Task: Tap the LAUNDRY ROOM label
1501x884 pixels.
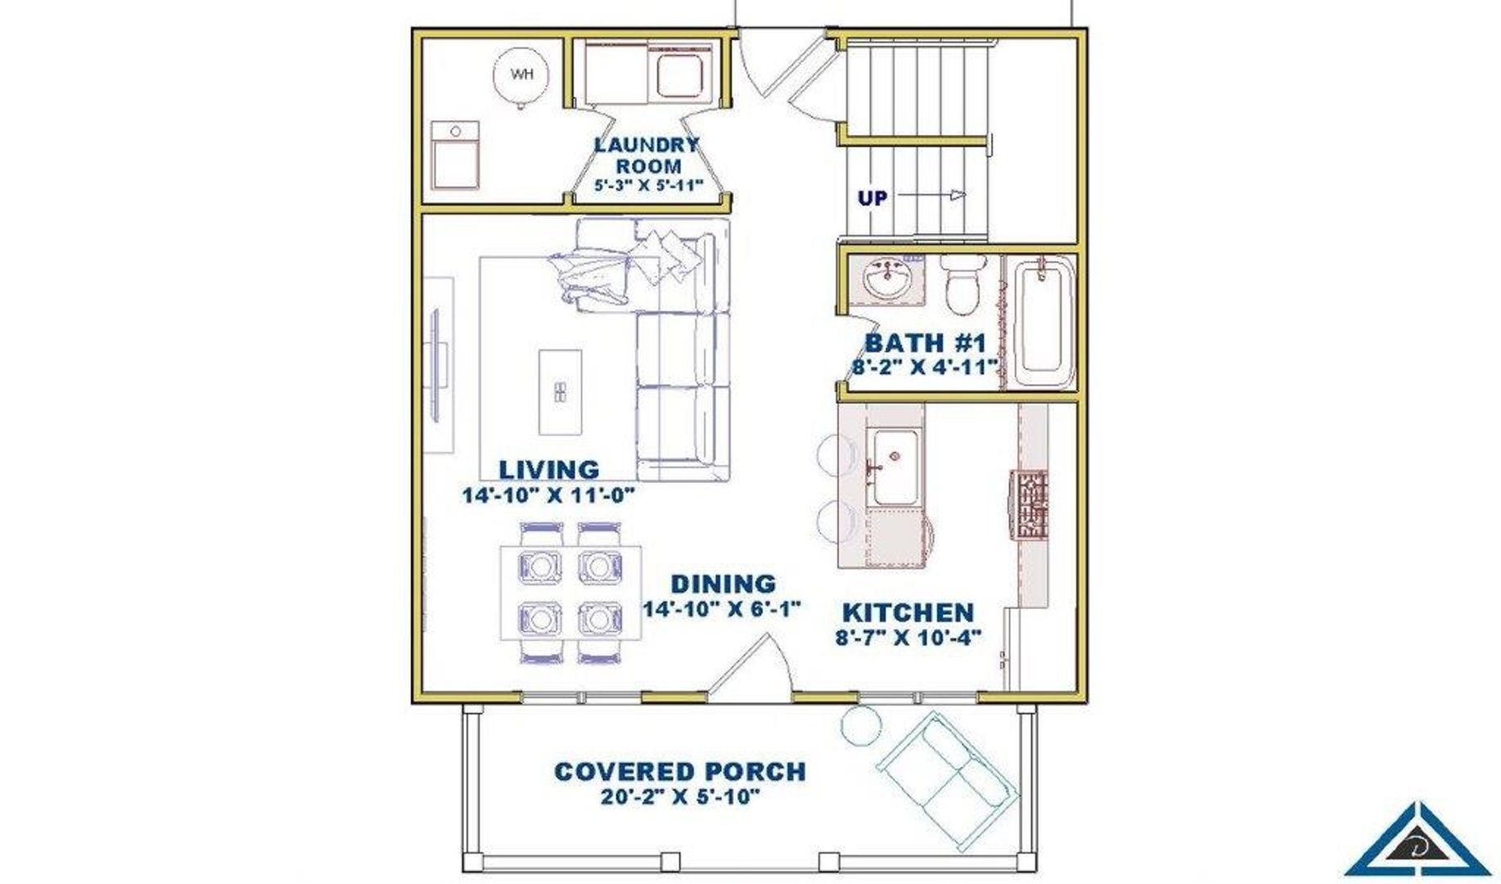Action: (x=647, y=156)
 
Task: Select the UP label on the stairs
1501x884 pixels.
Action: (x=872, y=198)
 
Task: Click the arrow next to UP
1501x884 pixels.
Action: (x=932, y=195)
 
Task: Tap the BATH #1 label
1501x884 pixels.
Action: (x=925, y=343)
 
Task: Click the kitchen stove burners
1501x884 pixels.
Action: (x=1030, y=504)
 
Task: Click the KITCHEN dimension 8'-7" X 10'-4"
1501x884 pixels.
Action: (x=908, y=638)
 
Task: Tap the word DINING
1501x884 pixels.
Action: (x=723, y=584)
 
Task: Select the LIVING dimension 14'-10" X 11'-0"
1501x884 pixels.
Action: (x=548, y=495)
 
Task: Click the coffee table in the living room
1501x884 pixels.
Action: (x=561, y=392)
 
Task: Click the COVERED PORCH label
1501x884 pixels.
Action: (x=680, y=771)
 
